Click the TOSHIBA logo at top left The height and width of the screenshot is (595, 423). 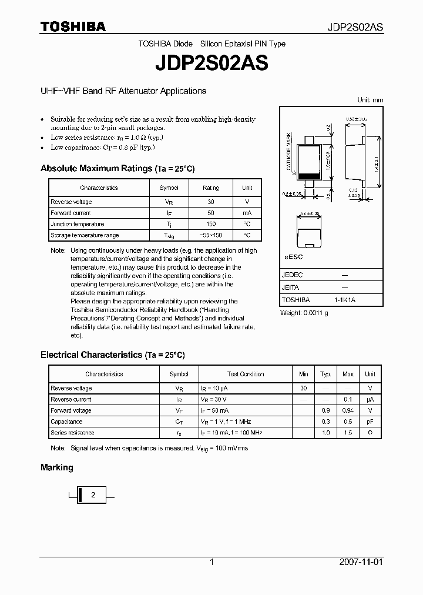click(x=73, y=26)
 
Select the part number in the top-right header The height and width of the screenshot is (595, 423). click(x=355, y=27)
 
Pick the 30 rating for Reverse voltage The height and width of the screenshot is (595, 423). click(x=211, y=202)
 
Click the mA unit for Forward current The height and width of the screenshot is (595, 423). click(x=247, y=213)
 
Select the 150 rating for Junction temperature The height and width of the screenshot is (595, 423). click(x=211, y=224)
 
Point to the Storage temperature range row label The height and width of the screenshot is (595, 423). click(x=85, y=235)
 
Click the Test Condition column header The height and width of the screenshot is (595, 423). click(x=246, y=374)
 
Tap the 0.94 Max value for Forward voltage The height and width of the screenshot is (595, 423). click(x=348, y=410)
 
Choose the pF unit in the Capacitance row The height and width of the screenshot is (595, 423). click(x=370, y=422)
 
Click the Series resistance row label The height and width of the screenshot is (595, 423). click(x=72, y=433)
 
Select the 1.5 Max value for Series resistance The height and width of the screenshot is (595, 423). click(x=348, y=433)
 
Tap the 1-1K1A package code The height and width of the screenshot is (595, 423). click(x=345, y=300)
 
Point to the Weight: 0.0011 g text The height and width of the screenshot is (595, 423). click(x=304, y=313)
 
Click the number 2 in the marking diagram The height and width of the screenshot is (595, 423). click(x=93, y=495)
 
